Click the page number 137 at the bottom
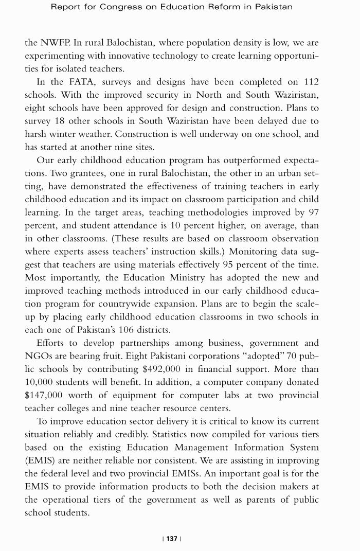tap(172, 538)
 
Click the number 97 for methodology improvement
tap(312, 212)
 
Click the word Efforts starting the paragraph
tap(52, 343)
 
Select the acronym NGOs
tap(41, 356)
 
